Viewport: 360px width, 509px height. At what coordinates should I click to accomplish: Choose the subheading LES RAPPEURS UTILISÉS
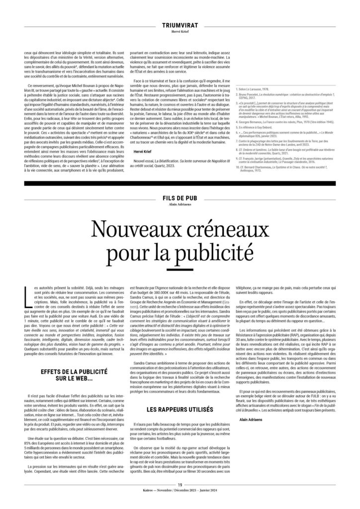pyautogui.click(x=180, y=410)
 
